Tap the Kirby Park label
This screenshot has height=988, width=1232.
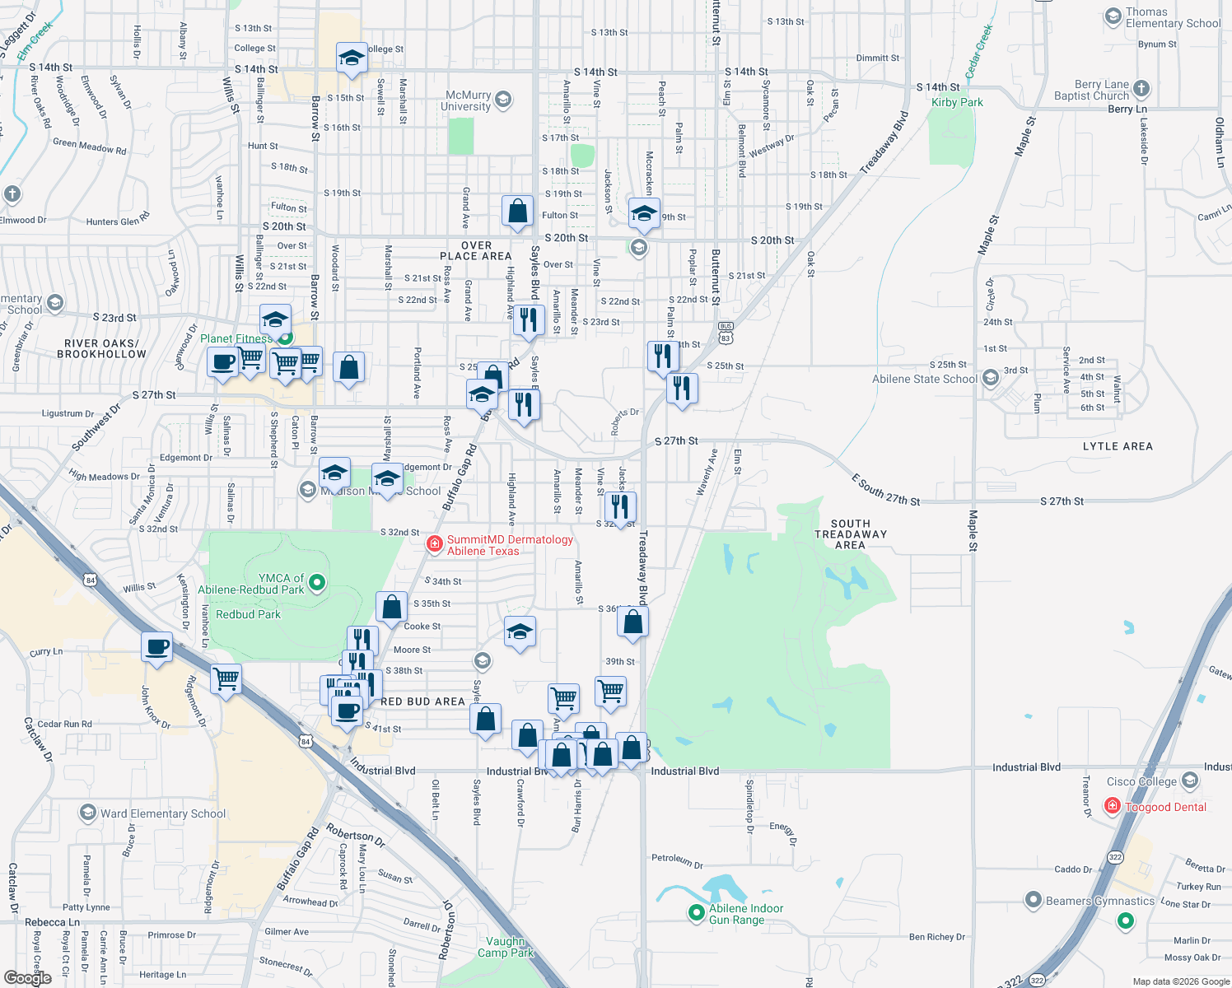click(957, 102)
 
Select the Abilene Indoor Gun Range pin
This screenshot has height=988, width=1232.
click(697, 912)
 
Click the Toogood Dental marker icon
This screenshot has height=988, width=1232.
click(1112, 806)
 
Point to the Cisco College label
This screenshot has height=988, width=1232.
click(1141, 781)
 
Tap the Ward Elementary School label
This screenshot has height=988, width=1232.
click(162, 813)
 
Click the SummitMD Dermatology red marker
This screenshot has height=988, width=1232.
click(434, 543)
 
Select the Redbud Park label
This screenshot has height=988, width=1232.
click(248, 614)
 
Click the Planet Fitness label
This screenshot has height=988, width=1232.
click(236, 338)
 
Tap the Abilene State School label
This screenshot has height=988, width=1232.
click(925, 379)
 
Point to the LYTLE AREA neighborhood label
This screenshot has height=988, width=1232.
click(1118, 446)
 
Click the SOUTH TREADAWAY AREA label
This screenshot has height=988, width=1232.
click(850, 534)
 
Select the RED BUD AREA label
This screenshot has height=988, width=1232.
click(422, 701)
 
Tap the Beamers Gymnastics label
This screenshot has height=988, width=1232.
click(1099, 901)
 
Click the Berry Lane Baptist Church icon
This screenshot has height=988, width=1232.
click(1141, 89)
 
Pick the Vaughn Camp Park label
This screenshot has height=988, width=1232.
click(506, 947)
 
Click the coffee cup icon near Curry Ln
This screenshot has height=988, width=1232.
click(156, 647)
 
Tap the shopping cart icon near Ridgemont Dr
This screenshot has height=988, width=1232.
click(226, 679)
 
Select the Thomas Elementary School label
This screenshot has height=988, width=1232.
click(1173, 17)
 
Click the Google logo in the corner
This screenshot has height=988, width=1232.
click(27, 977)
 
